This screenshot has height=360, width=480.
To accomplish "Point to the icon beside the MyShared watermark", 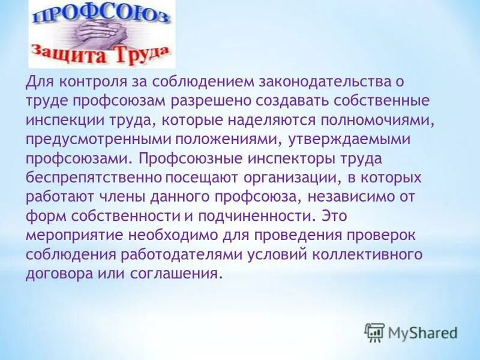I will point(374,332).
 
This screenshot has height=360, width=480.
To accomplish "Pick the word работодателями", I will point(179,255).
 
